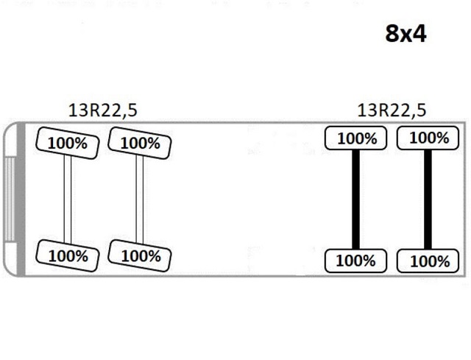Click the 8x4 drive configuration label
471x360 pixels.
[406, 33]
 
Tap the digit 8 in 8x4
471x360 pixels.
[392, 33]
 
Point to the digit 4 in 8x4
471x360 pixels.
[419, 33]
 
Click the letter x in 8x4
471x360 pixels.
[406, 36]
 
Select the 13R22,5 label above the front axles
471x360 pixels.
[103, 110]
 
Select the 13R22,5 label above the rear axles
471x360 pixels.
[392, 110]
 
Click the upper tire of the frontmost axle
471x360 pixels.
[67, 143]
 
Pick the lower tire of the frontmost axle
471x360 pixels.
[67, 255]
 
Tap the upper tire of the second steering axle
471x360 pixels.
[139, 143]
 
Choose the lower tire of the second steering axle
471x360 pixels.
[139, 255]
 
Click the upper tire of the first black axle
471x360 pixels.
[355, 138]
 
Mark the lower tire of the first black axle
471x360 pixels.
[355, 261]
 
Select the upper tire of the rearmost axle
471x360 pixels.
[428, 138]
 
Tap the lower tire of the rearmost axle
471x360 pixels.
[428, 261]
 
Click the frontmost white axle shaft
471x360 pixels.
[67, 200]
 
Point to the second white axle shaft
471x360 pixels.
[139, 200]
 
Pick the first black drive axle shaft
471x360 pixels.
[355, 200]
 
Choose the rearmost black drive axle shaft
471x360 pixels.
[428, 200]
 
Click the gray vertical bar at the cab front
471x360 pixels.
[21, 200]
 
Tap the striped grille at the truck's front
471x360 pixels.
[10, 200]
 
